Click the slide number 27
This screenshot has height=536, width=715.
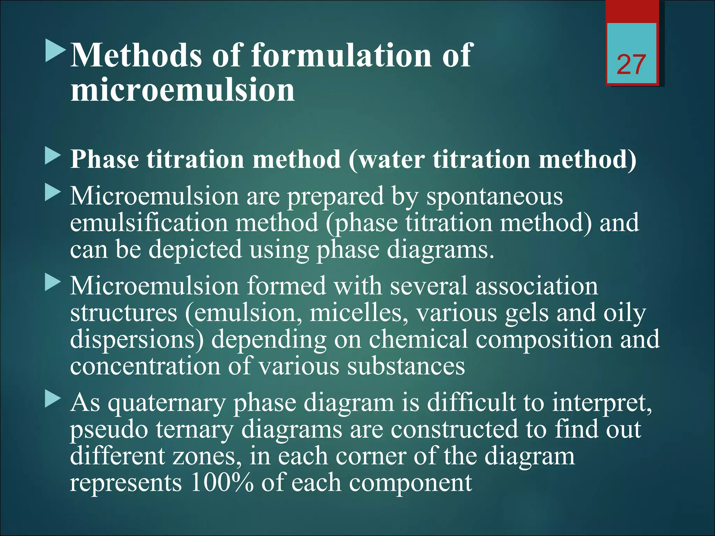pyautogui.click(x=631, y=65)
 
